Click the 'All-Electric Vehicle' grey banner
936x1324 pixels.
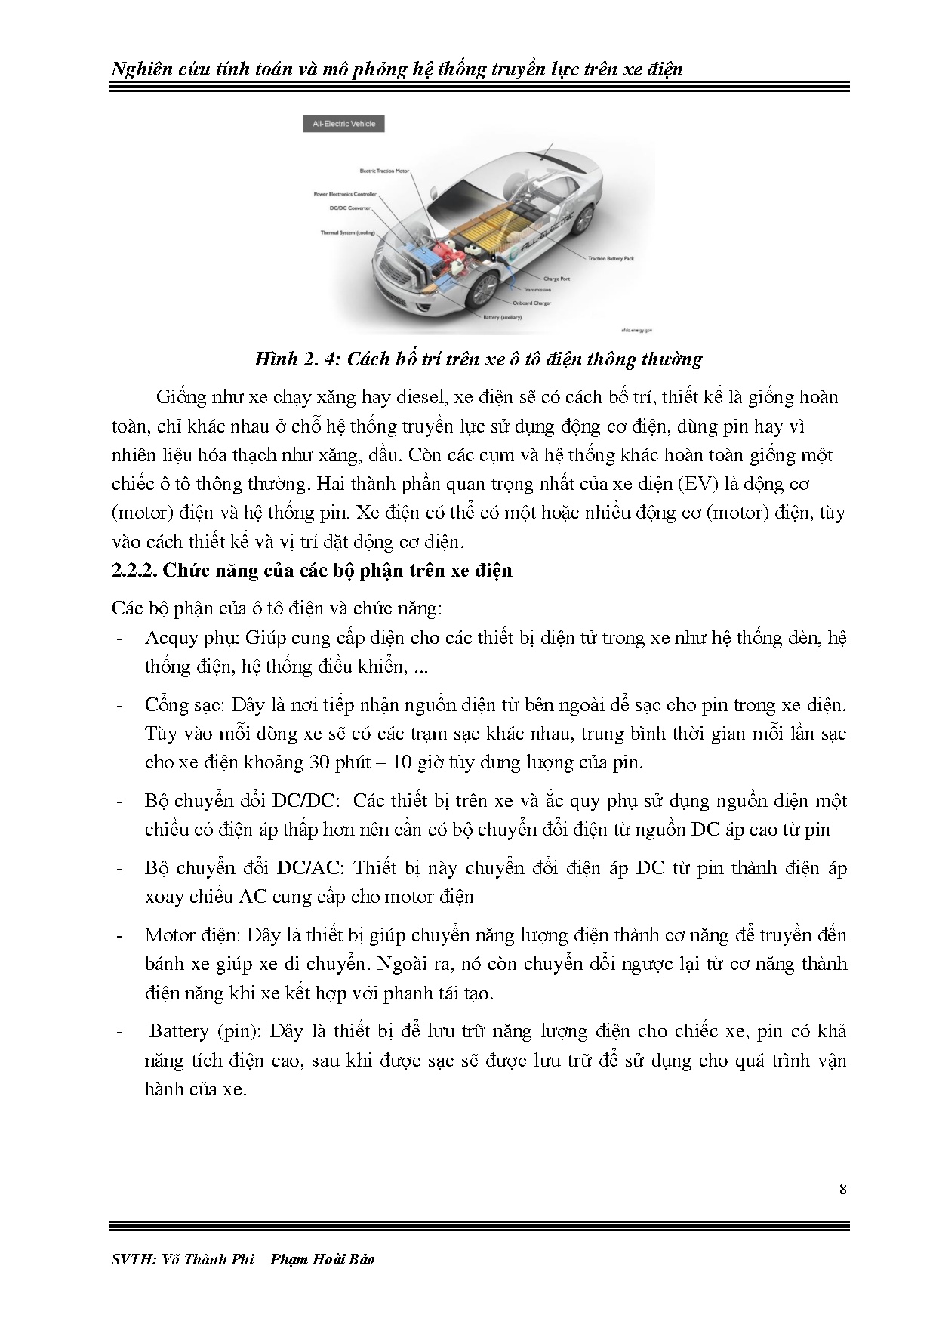[x=344, y=123]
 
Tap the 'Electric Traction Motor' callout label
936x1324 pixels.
[x=384, y=171]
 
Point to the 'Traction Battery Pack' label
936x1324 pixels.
[x=611, y=258]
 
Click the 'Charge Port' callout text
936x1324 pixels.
[x=556, y=279]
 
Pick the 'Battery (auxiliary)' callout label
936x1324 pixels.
[x=502, y=318]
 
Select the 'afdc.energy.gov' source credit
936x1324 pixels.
[x=636, y=330]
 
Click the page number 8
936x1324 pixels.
[x=842, y=1190]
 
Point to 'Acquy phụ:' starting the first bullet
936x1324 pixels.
[x=191, y=638]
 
